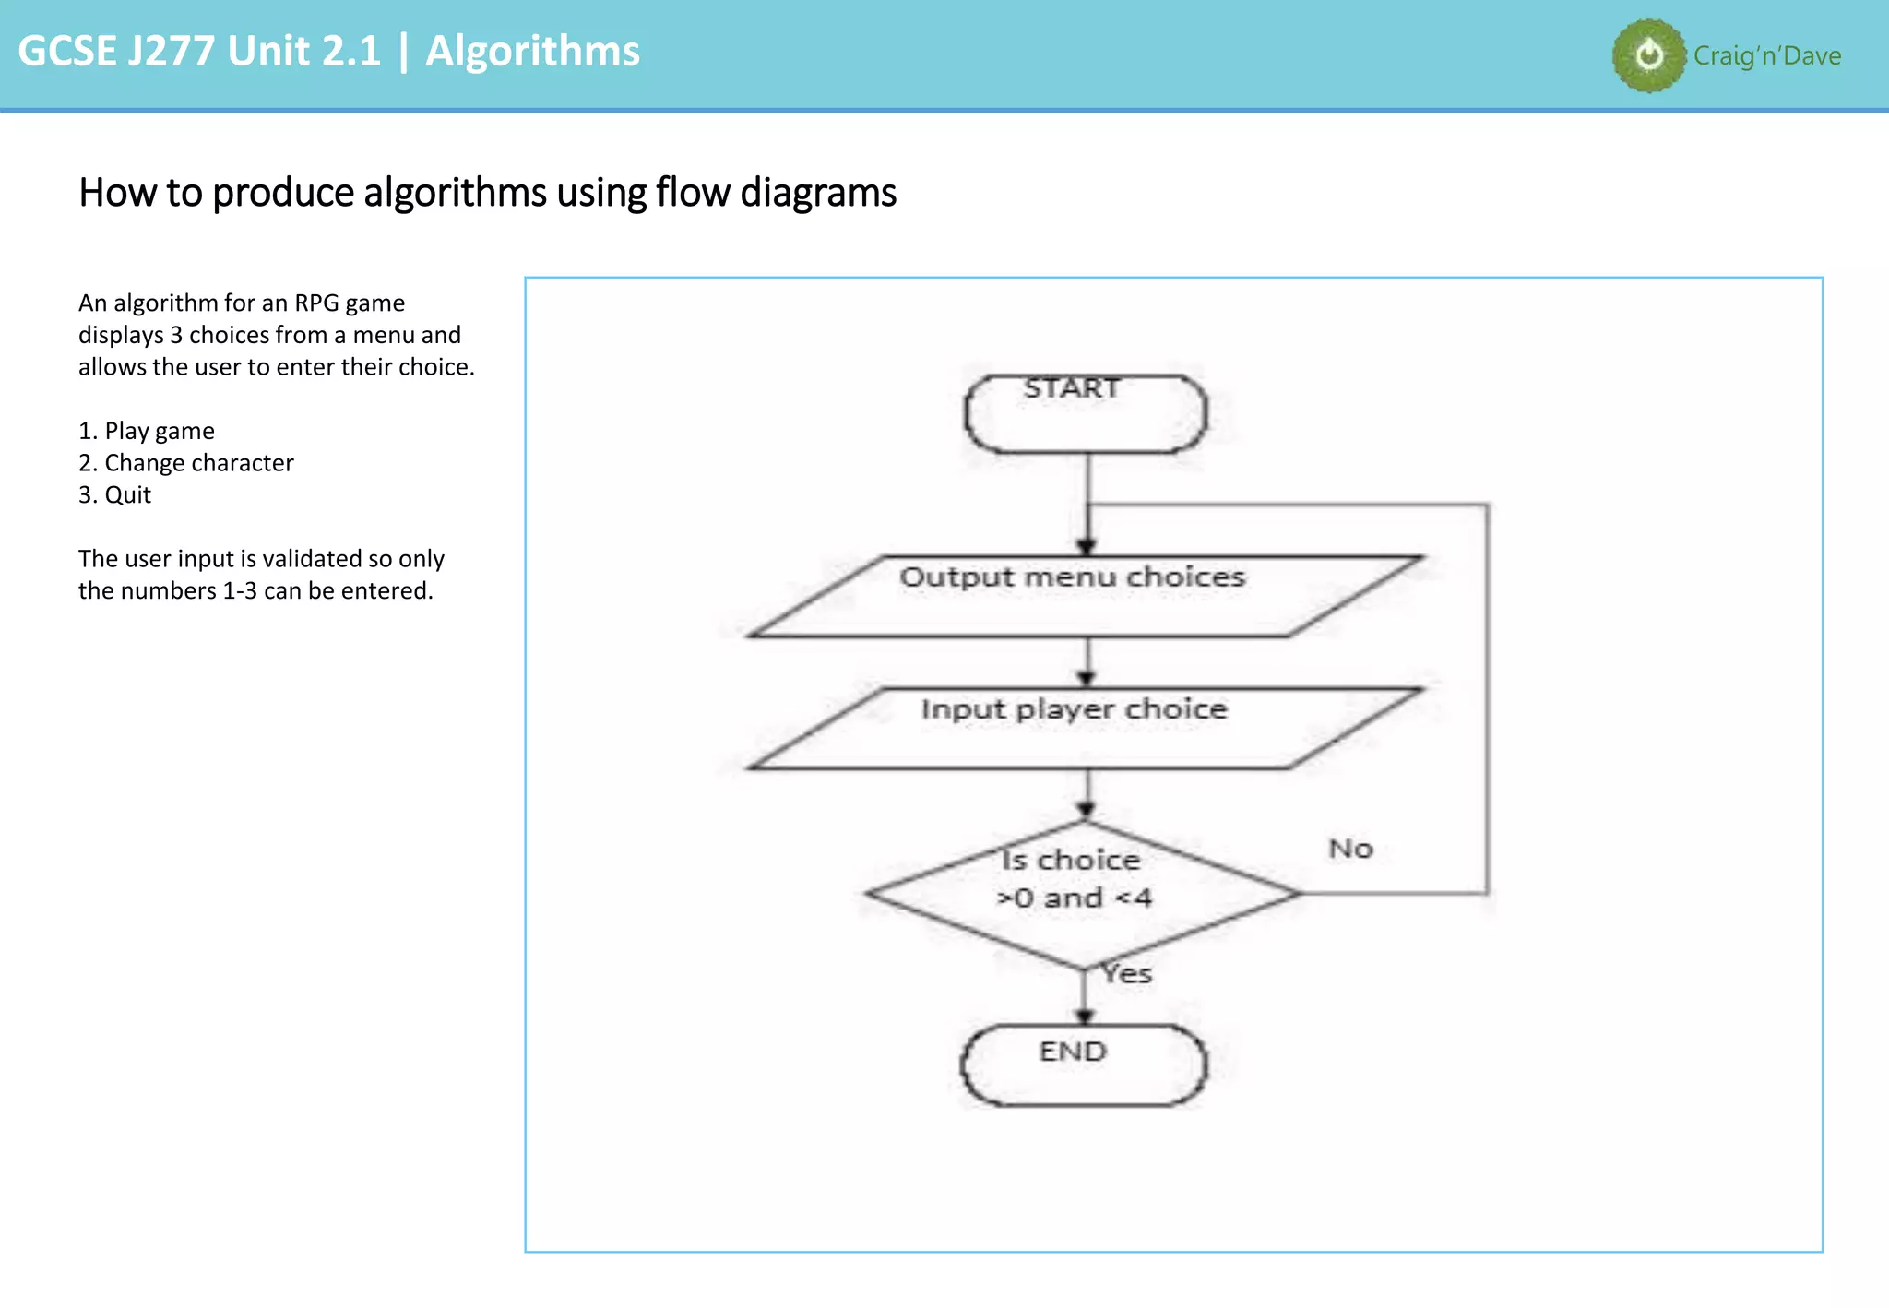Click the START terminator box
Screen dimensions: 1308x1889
[1085, 413]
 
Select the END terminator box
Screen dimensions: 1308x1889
[1083, 1064]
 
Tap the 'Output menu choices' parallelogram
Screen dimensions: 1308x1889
[1085, 596]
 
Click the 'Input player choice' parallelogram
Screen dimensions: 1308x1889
[1085, 728]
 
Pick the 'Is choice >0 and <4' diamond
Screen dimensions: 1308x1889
[1083, 893]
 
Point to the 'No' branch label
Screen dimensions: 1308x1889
[1350, 849]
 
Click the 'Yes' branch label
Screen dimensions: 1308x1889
[1127, 973]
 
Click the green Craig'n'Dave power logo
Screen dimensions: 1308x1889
[1649, 55]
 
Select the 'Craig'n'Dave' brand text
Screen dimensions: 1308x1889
[1766, 56]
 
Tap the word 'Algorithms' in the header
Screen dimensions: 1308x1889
[532, 51]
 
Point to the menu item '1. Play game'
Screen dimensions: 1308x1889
[147, 431]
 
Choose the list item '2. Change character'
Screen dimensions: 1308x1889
[186, 463]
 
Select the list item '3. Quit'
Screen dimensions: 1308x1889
[114, 495]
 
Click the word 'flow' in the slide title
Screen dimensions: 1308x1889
[694, 193]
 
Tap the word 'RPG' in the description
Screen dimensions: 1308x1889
[316, 303]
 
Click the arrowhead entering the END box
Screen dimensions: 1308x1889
[1085, 1017]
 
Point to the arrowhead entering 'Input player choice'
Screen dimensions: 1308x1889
[1087, 679]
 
